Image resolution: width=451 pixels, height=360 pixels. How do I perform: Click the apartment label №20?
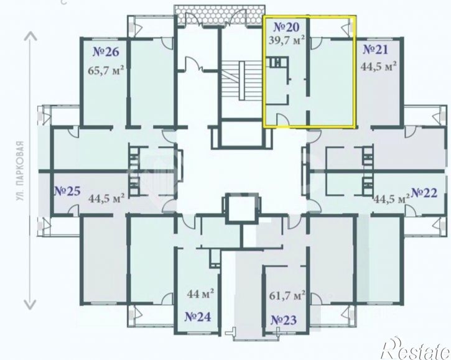[286, 27]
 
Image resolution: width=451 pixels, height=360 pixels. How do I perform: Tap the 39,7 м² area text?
[287, 40]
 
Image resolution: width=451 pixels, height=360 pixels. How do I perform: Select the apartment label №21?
[375, 50]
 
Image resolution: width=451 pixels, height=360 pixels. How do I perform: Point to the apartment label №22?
[424, 193]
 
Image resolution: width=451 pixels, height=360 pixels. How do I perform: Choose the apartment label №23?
[284, 320]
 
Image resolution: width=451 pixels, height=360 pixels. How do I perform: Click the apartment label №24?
[198, 317]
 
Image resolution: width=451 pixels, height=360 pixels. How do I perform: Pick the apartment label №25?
[68, 191]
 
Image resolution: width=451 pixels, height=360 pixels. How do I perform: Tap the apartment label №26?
[106, 52]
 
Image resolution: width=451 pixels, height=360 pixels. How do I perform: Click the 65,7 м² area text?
[106, 70]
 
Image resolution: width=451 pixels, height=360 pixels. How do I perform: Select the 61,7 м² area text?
[287, 295]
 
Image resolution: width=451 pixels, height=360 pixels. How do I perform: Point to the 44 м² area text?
[200, 293]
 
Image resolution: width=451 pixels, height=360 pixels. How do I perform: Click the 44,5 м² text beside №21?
[378, 67]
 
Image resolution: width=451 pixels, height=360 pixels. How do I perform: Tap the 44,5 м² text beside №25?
[106, 198]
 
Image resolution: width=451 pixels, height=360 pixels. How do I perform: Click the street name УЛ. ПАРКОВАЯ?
[19, 171]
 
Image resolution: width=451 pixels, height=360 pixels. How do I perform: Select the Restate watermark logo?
[416, 349]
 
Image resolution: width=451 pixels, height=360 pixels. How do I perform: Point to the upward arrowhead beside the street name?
[30, 36]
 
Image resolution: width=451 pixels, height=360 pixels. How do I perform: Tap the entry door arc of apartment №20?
[283, 119]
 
